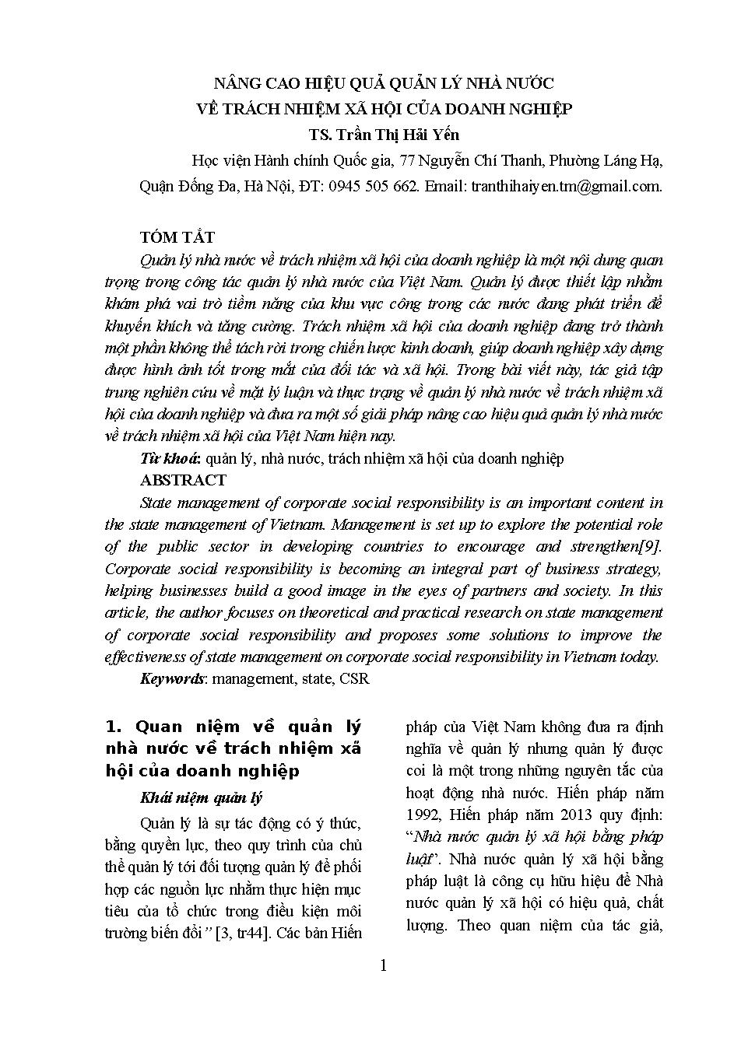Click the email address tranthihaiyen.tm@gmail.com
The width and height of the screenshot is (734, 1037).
click(566, 187)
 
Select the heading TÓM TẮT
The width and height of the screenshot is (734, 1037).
click(177, 237)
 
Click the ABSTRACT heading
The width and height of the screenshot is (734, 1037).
click(183, 480)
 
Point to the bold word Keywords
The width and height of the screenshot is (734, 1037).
click(171, 678)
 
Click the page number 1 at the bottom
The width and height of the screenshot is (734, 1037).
click(383, 966)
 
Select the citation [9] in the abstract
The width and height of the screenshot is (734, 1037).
click(651, 546)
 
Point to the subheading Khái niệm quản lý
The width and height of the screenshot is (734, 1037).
click(201, 798)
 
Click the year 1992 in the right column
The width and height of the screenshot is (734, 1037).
click(423, 815)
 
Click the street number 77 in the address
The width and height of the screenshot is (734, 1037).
click(406, 161)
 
